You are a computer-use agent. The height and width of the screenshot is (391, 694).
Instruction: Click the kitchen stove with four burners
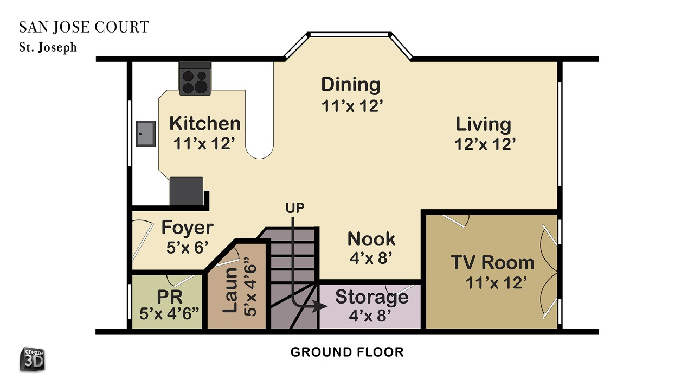pos(195,79)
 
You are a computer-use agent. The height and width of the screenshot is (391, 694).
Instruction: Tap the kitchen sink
pos(146,134)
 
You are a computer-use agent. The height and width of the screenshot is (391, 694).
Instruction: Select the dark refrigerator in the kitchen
pos(187,191)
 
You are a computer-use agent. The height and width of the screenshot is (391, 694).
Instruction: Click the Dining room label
pos(351,84)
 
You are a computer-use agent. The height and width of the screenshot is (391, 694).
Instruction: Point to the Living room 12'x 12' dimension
pos(485,144)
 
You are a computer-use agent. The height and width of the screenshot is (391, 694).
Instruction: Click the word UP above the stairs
pos(295,208)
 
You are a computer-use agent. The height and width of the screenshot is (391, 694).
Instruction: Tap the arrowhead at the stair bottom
pos(320,306)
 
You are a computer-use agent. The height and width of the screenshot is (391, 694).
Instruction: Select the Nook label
pos(371,239)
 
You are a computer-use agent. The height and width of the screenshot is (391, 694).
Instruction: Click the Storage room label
pos(371,297)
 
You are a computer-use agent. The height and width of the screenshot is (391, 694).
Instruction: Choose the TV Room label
pos(492,262)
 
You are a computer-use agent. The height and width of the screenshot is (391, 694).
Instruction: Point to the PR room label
pos(170,297)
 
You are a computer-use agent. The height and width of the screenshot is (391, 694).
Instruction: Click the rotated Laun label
pos(230,291)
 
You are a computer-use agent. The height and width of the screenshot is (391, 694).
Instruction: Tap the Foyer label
pos(188,228)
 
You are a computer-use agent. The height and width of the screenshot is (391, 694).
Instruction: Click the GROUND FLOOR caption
pos(347,352)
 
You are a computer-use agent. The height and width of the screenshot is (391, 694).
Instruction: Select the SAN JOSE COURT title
pos(84,27)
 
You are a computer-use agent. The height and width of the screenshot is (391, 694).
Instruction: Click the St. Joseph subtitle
pos(48,47)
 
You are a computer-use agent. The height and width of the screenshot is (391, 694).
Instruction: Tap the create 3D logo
pos(33,360)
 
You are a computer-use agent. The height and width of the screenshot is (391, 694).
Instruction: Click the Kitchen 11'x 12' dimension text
pos(204,144)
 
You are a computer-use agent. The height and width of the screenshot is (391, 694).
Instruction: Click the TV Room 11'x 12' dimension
pos(496,283)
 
